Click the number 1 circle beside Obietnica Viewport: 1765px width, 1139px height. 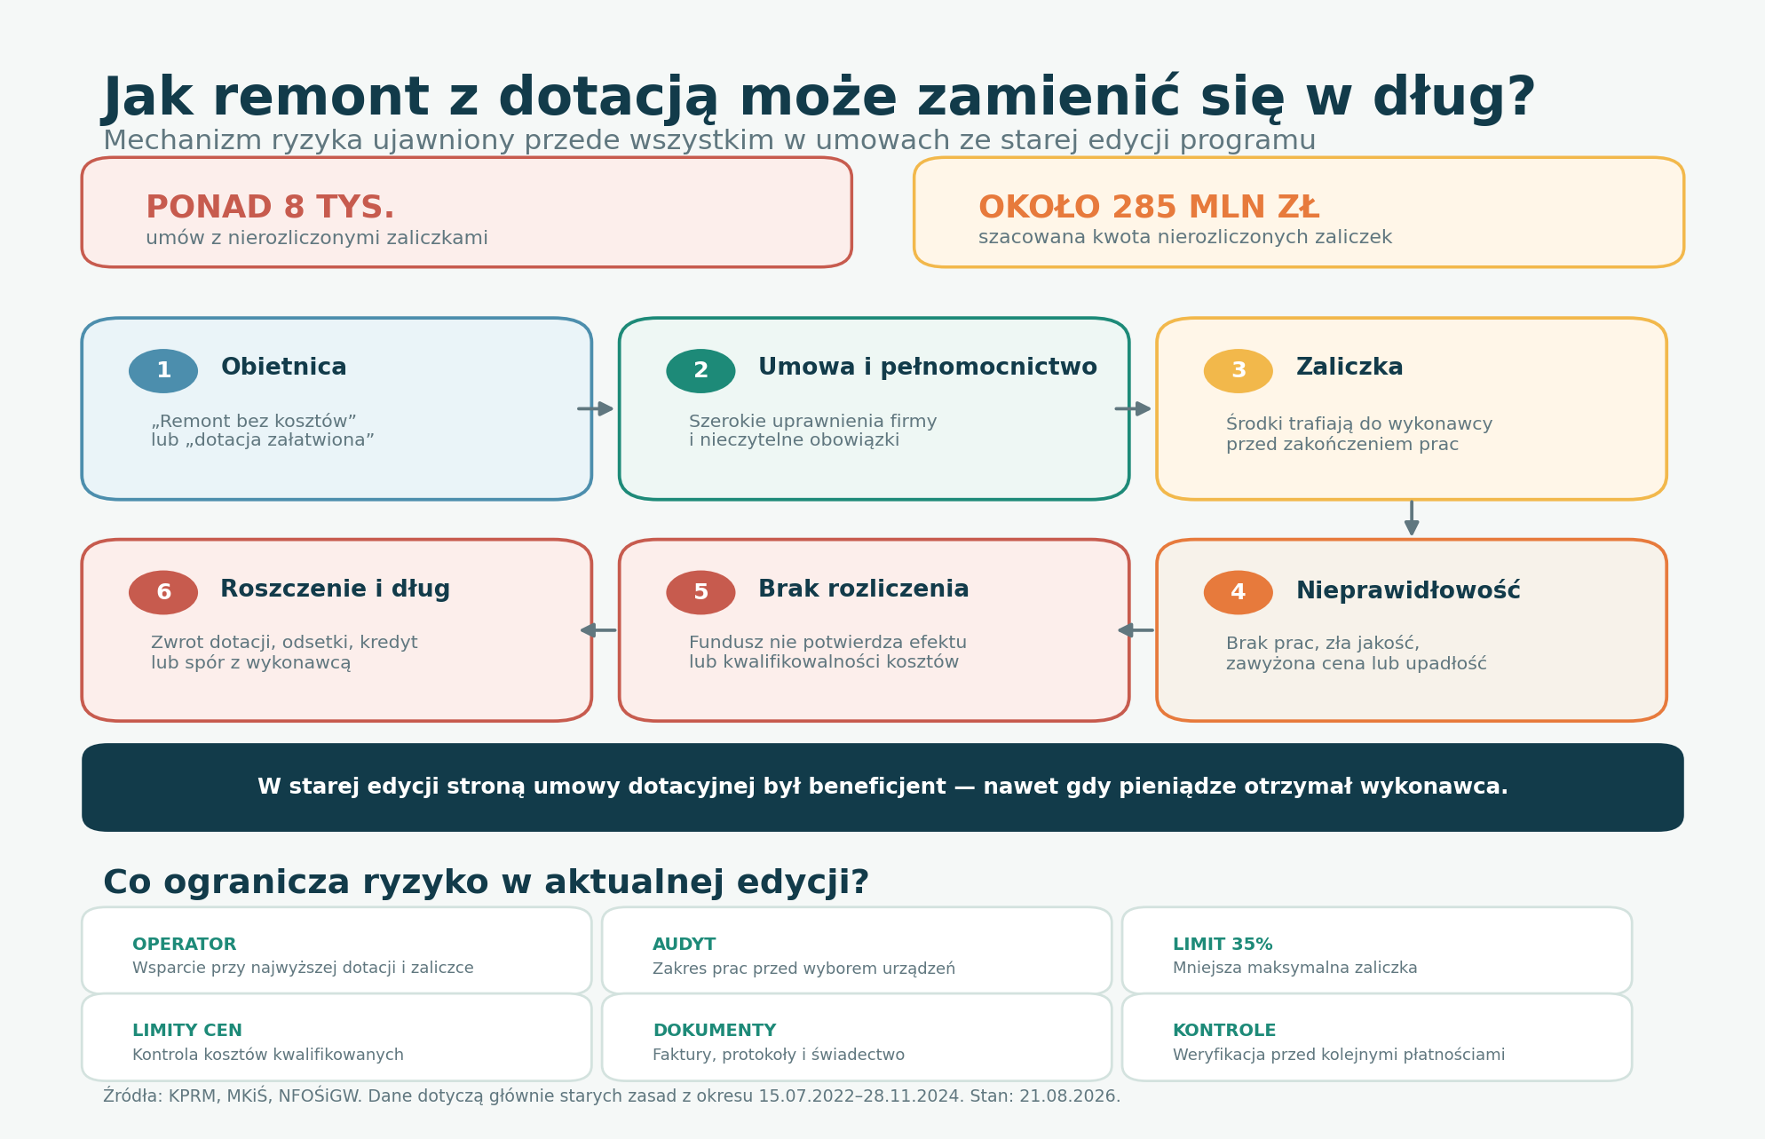(163, 371)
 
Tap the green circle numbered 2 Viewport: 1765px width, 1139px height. (700, 371)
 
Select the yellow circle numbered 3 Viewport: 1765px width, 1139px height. (1238, 371)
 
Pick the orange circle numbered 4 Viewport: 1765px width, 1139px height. (1238, 592)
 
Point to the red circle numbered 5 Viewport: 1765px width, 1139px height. (700, 592)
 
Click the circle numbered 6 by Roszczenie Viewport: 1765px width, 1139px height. (163, 592)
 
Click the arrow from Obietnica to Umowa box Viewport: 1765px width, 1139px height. (596, 408)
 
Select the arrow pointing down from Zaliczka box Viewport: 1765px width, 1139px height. (1412, 518)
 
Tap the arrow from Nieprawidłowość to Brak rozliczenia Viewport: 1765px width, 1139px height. (1136, 630)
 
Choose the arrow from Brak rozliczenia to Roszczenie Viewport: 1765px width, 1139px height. (598, 630)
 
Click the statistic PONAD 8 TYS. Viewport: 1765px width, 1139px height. (270, 208)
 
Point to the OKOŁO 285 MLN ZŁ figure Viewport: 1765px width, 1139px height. (1149, 208)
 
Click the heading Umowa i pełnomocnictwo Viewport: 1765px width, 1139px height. (928, 368)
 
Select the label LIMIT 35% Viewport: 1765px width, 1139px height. (1223, 945)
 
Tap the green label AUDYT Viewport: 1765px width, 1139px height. (684, 945)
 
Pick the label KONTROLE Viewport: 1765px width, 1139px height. (1224, 1031)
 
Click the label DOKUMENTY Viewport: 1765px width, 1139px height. (715, 1031)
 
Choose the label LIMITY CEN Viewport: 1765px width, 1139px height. (187, 1031)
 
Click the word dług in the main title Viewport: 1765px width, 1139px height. (1453, 99)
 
